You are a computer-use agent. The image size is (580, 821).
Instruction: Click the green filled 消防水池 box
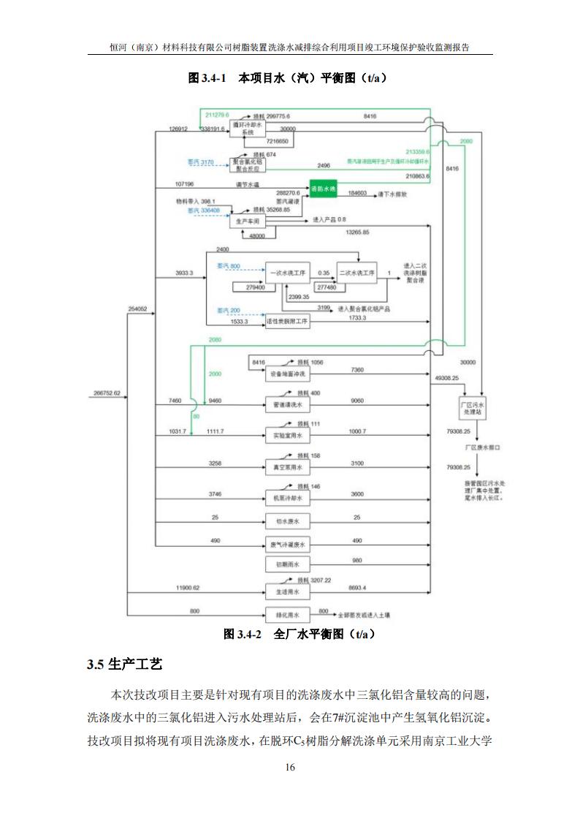point(323,189)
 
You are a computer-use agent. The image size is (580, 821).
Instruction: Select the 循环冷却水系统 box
point(243,129)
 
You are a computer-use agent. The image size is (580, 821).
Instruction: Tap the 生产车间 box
point(245,220)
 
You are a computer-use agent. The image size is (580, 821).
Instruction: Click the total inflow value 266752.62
point(107,393)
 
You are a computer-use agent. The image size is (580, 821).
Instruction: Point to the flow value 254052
point(138,309)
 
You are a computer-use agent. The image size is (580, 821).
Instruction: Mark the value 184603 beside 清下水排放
point(357,194)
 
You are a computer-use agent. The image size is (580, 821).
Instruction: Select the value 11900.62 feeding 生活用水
point(188,587)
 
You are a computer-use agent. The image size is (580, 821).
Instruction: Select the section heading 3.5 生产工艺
point(125,665)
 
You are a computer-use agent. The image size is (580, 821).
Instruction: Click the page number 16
point(290,768)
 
